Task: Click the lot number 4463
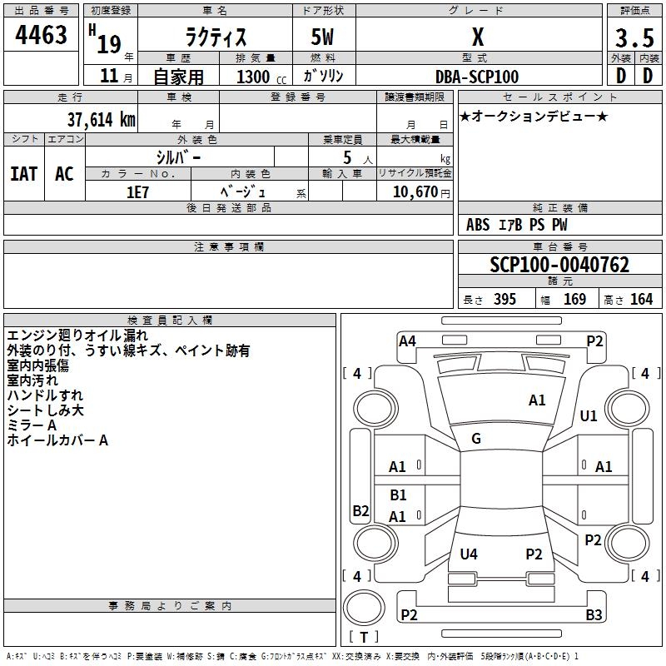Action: tap(42, 35)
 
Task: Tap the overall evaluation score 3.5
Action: tap(634, 38)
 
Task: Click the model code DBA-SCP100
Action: tap(477, 77)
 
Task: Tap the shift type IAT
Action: tap(23, 174)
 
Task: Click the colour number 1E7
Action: tap(137, 191)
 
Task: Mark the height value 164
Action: tap(641, 300)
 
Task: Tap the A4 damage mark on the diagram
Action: tap(407, 340)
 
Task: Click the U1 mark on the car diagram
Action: tap(589, 415)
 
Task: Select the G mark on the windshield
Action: tap(476, 439)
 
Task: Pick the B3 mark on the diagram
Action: tap(594, 615)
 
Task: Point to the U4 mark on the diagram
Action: tap(469, 554)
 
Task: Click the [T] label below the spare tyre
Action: tap(363, 638)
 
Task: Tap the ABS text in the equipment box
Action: tap(478, 225)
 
